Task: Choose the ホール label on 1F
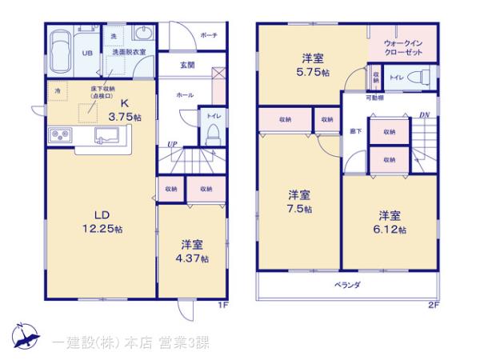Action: coord(183,95)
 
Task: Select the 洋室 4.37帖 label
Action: coord(190,252)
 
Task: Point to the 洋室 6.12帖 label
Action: coord(391,222)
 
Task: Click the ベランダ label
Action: coord(347,286)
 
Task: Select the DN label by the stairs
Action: coord(426,116)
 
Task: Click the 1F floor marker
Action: coord(224,305)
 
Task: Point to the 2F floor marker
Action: coord(433,305)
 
